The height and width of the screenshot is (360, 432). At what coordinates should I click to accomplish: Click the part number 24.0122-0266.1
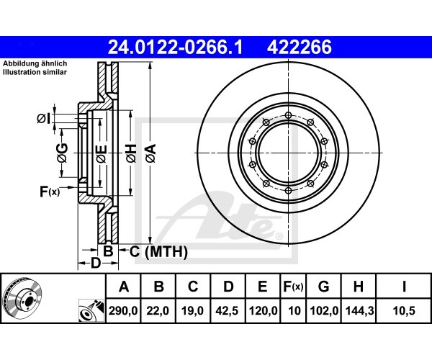coord(175,47)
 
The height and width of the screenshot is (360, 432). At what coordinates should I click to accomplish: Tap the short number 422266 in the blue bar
coord(300,47)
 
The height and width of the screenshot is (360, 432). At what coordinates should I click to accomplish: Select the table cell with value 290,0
coord(123,311)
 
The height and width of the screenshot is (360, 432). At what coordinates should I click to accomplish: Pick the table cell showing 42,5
coord(228,311)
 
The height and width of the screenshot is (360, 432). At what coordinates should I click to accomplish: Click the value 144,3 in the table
coord(359,311)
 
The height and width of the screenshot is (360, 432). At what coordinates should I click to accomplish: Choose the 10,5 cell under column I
coord(404,311)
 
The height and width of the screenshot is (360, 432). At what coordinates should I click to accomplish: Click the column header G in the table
coord(324,287)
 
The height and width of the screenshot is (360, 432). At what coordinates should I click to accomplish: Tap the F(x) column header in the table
coord(293,287)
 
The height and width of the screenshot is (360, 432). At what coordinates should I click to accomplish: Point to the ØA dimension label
coord(150,153)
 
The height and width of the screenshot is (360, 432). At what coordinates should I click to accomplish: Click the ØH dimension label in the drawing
coord(132,153)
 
